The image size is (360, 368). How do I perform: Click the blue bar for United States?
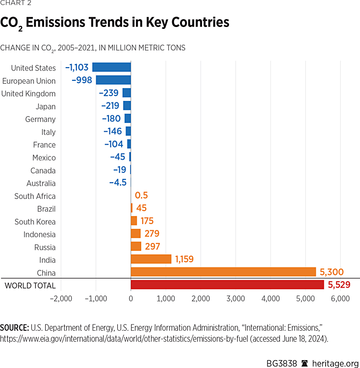111,68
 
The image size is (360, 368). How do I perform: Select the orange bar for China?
223,272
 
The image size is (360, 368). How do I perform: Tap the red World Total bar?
227,285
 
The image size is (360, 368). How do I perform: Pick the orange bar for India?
151,259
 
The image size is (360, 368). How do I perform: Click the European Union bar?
113,80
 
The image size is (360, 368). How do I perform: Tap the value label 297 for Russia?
153,246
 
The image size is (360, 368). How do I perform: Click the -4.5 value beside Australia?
118,183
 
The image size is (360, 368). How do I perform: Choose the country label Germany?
40,119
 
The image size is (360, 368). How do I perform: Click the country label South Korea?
35,221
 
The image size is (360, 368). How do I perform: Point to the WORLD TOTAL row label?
30,285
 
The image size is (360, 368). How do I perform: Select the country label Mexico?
44,157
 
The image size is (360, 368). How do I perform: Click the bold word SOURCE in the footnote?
15,326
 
